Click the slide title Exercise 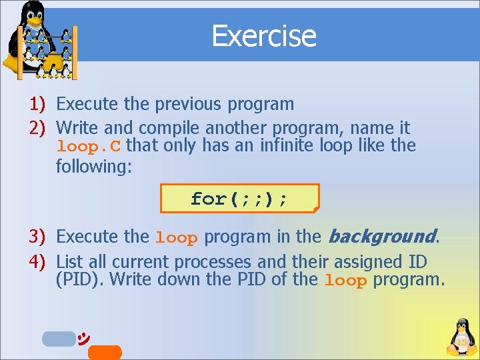coord(263,35)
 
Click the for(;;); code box coord(239,199)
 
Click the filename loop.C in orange coord(89,146)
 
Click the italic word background coord(381,236)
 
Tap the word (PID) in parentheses coord(79,279)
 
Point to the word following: coord(94,165)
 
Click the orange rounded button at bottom coord(105,352)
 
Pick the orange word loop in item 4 coord(345,281)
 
